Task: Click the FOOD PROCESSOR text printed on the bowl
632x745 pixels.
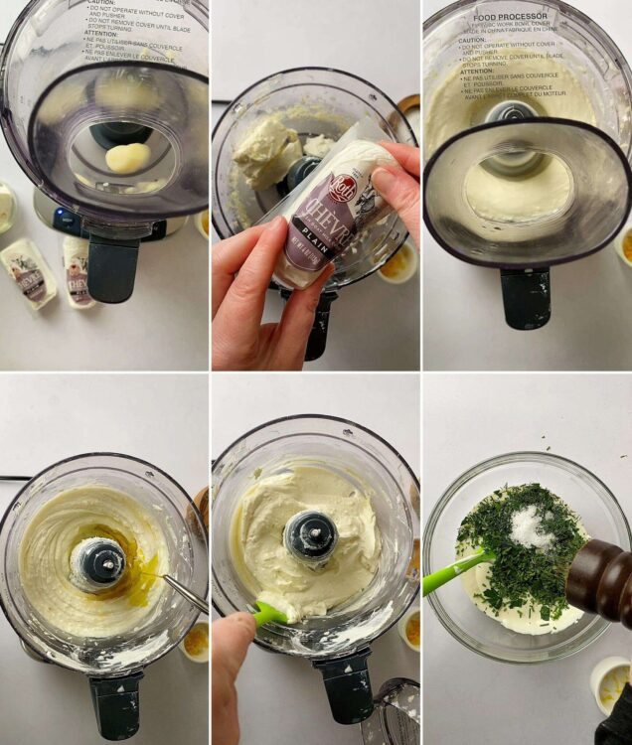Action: click(511, 17)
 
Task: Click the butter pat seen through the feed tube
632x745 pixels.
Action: click(128, 157)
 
